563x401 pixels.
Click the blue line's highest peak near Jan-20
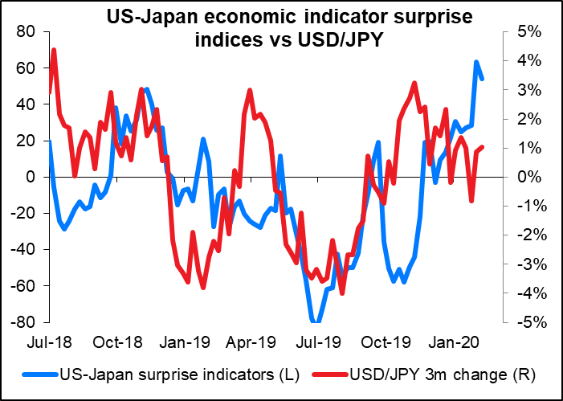(476, 62)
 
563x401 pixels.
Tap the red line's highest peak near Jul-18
(54, 50)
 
